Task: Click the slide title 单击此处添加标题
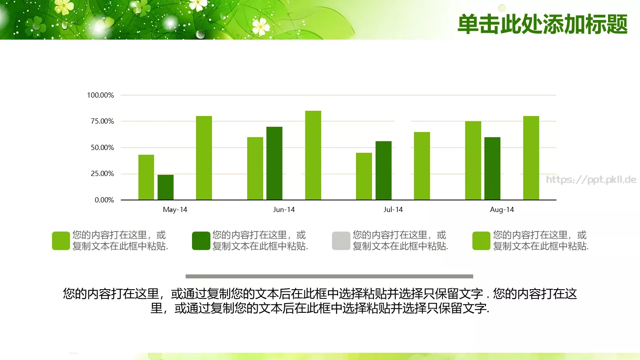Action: pyautogui.click(x=542, y=24)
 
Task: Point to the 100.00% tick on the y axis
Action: pyautogui.click(x=100, y=95)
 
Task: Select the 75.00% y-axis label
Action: pyautogui.click(x=102, y=121)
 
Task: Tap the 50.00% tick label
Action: pyautogui.click(x=102, y=148)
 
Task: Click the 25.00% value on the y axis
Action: pyautogui.click(x=102, y=174)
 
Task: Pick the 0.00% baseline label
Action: pyautogui.click(x=104, y=200)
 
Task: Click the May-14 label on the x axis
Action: pyautogui.click(x=175, y=210)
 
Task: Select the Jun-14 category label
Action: pyautogui.click(x=284, y=210)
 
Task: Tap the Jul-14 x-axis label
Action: pyautogui.click(x=393, y=210)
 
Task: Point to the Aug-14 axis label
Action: pyautogui.click(x=502, y=210)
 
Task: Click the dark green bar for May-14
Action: pyautogui.click(x=166, y=187)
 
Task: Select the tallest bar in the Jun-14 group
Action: pyautogui.click(x=313, y=155)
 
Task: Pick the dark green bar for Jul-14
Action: pyautogui.click(x=384, y=170)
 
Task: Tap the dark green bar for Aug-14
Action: pyautogui.click(x=492, y=168)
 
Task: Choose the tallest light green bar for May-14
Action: pyautogui.click(x=204, y=158)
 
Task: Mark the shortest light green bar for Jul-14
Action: pyautogui.click(x=364, y=176)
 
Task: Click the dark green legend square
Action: pyautogui.click(x=201, y=241)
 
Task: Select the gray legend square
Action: pyautogui.click(x=341, y=241)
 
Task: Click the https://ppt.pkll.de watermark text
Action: pyautogui.click(x=591, y=180)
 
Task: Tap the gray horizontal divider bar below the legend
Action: pyautogui.click(x=329, y=276)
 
